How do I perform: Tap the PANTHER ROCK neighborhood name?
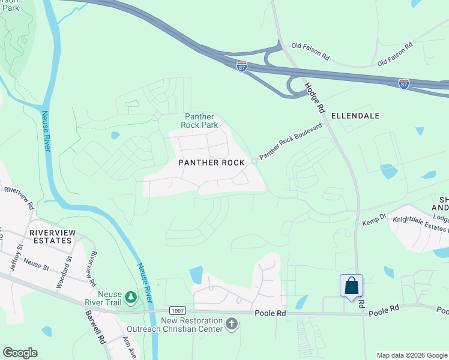[x=211, y=163]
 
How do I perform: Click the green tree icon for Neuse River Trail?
[x=130, y=296]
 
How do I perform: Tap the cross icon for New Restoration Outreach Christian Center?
[x=232, y=325]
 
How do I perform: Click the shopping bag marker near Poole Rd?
[x=351, y=286]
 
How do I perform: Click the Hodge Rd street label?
[x=313, y=96]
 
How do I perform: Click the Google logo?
[x=20, y=353]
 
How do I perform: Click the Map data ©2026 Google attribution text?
[x=412, y=355]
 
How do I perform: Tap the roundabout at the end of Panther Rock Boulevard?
[x=255, y=161]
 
